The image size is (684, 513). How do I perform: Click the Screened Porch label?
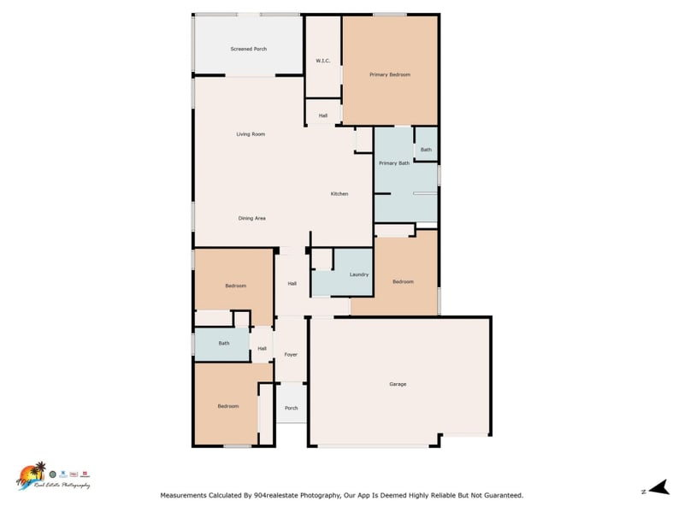pos(249,49)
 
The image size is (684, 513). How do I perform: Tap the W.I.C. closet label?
pos(323,61)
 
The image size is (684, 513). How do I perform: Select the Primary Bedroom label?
pos(390,74)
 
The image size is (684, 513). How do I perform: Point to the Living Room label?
pos(251,134)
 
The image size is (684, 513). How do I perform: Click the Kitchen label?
pos(339,194)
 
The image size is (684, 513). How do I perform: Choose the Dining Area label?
pos(251,218)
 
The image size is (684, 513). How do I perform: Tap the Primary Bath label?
pos(394,162)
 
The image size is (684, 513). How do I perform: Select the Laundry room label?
pos(359,274)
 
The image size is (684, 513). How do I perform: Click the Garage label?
pos(398,384)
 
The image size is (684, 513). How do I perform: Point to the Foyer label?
pos(291,354)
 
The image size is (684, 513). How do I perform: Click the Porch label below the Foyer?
pos(291,408)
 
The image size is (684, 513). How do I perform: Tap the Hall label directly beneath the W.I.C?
pos(323,115)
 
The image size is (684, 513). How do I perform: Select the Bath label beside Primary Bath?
pos(426,150)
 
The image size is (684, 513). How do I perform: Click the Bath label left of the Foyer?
pos(224,344)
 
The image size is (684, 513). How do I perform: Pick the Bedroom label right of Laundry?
pos(403,281)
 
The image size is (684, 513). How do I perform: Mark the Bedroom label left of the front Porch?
pos(227,406)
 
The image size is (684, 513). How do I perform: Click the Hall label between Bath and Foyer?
pos(262,348)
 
